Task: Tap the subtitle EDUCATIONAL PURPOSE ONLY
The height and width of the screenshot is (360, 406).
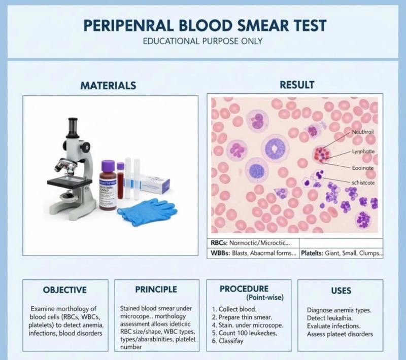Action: point(202,41)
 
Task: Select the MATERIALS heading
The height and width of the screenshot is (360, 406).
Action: point(108,85)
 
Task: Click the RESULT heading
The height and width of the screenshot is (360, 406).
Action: point(297,85)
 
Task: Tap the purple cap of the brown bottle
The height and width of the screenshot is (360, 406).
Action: point(109,166)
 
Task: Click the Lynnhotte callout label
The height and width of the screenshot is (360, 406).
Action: point(363,152)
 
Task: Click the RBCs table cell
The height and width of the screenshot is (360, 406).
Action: point(253,243)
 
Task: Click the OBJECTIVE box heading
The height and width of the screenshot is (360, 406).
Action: point(64,290)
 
